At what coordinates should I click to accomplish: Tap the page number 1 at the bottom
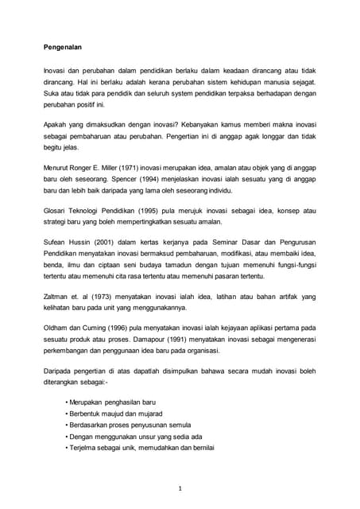click(x=180, y=488)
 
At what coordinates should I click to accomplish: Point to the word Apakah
click(x=56, y=122)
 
